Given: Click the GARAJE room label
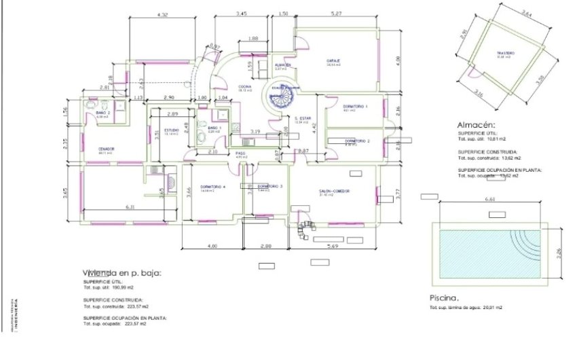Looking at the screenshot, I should click(x=333, y=61).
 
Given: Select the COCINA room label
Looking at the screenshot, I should click(x=245, y=88).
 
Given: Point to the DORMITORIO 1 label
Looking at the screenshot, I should click(x=355, y=107).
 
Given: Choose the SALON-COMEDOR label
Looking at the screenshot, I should click(x=333, y=192).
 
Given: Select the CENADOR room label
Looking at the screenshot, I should click(x=106, y=149).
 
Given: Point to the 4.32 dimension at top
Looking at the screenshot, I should click(x=162, y=14).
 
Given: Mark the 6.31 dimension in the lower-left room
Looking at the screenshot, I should click(x=131, y=207).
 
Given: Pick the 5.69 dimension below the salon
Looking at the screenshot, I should click(x=333, y=246).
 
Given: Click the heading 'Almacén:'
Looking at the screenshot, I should click(x=477, y=125).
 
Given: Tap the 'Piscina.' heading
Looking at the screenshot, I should click(x=445, y=298).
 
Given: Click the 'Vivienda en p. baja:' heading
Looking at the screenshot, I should click(x=122, y=272).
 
